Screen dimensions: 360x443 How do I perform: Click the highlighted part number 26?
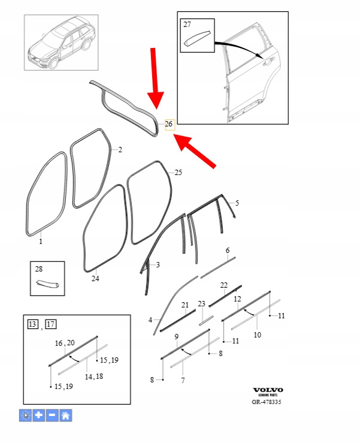pyautogui.click(x=170, y=124)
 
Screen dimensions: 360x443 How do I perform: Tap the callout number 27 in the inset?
pyautogui.click(x=187, y=25)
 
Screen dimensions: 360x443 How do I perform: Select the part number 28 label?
pyautogui.click(x=39, y=269)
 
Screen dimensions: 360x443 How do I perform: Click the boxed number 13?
pyautogui.click(x=33, y=324)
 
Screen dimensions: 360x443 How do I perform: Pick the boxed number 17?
pyautogui.click(x=51, y=324)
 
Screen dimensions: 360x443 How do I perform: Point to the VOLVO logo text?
pyautogui.click(x=268, y=390)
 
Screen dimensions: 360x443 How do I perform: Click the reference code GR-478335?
pyautogui.click(x=267, y=402)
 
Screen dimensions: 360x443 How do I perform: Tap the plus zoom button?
pyautogui.click(x=39, y=415)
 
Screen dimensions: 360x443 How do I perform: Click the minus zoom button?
pyautogui.click(x=52, y=415)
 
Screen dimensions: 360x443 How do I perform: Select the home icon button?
pyautogui.click(x=66, y=415)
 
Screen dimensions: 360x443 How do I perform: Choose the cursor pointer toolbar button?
pyautogui.click(x=25, y=415)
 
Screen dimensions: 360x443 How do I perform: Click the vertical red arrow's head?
pyautogui.click(x=156, y=101)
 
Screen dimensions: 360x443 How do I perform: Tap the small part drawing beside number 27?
pyautogui.click(x=198, y=38)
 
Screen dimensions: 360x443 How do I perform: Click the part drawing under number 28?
pyautogui.click(x=48, y=284)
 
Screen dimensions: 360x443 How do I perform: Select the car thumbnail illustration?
pyautogui.click(x=61, y=43)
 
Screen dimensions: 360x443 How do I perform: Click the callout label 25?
pyautogui.click(x=179, y=172)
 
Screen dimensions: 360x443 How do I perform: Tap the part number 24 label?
pyautogui.click(x=95, y=279)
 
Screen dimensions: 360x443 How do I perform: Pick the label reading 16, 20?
pyautogui.click(x=65, y=343)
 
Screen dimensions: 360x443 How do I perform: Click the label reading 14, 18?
pyautogui.click(x=94, y=376)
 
